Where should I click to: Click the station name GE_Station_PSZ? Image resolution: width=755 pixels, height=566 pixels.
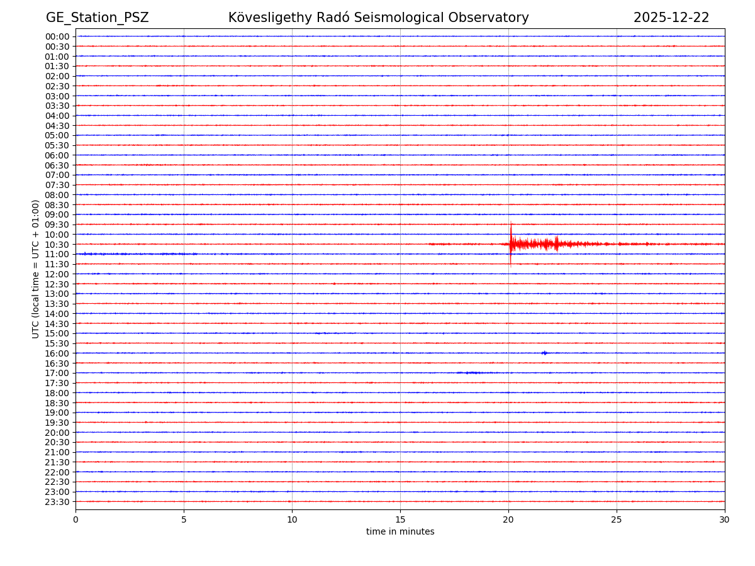[97, 18]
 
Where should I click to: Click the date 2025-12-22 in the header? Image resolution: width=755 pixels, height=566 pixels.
[671, 18]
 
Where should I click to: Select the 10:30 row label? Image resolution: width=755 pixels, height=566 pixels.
[57, 245]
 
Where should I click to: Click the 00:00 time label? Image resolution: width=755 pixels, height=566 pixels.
[57, 36]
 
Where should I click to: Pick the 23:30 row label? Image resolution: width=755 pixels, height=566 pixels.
[57, 502]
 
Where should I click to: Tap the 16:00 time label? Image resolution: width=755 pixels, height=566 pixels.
[57, 353]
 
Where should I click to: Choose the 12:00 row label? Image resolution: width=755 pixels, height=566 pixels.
[57, 274]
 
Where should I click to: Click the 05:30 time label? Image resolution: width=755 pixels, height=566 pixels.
[57, 145]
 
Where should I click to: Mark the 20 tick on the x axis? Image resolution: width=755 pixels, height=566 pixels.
[508, 519]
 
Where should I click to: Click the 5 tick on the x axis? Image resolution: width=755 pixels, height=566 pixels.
[184, 519]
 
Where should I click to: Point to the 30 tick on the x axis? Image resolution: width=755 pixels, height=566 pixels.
[725, 519]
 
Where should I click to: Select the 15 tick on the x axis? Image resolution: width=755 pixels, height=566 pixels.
[400, 519]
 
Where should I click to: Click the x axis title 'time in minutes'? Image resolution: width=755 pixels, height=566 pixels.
[400, 532]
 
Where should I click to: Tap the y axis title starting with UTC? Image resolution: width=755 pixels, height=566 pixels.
[36, 269]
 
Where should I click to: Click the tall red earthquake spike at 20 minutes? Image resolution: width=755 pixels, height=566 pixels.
[511, 242]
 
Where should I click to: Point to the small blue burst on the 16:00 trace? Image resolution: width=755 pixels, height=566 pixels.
[544, 353]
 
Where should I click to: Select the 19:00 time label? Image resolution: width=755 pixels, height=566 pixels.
[57, 413]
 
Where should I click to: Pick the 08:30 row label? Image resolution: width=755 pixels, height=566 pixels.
[57, 205]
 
